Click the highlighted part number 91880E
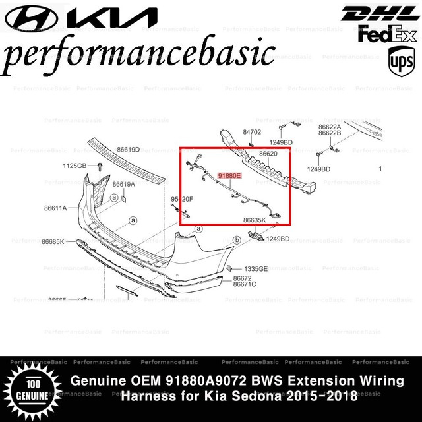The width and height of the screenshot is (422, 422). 230,176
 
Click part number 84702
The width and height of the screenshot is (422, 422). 252,132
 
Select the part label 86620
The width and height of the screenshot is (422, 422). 268,154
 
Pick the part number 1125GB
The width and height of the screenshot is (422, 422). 75,165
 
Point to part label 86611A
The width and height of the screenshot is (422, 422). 55,208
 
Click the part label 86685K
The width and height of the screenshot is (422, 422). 54,241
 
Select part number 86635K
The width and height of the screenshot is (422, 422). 254,220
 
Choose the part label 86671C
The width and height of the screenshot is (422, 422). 245,284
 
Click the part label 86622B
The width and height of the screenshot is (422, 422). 329,133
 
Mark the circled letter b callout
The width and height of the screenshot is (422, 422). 237,241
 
